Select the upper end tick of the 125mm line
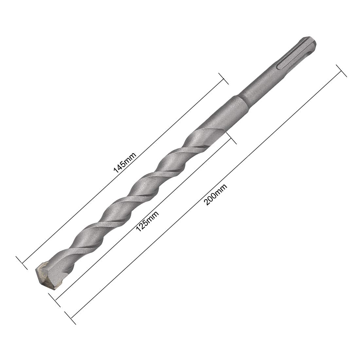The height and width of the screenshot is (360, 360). tap(231, 139)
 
